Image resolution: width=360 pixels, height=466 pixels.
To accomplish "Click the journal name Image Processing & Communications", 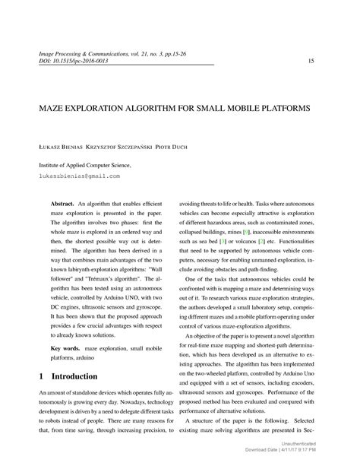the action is pos(86,53).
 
